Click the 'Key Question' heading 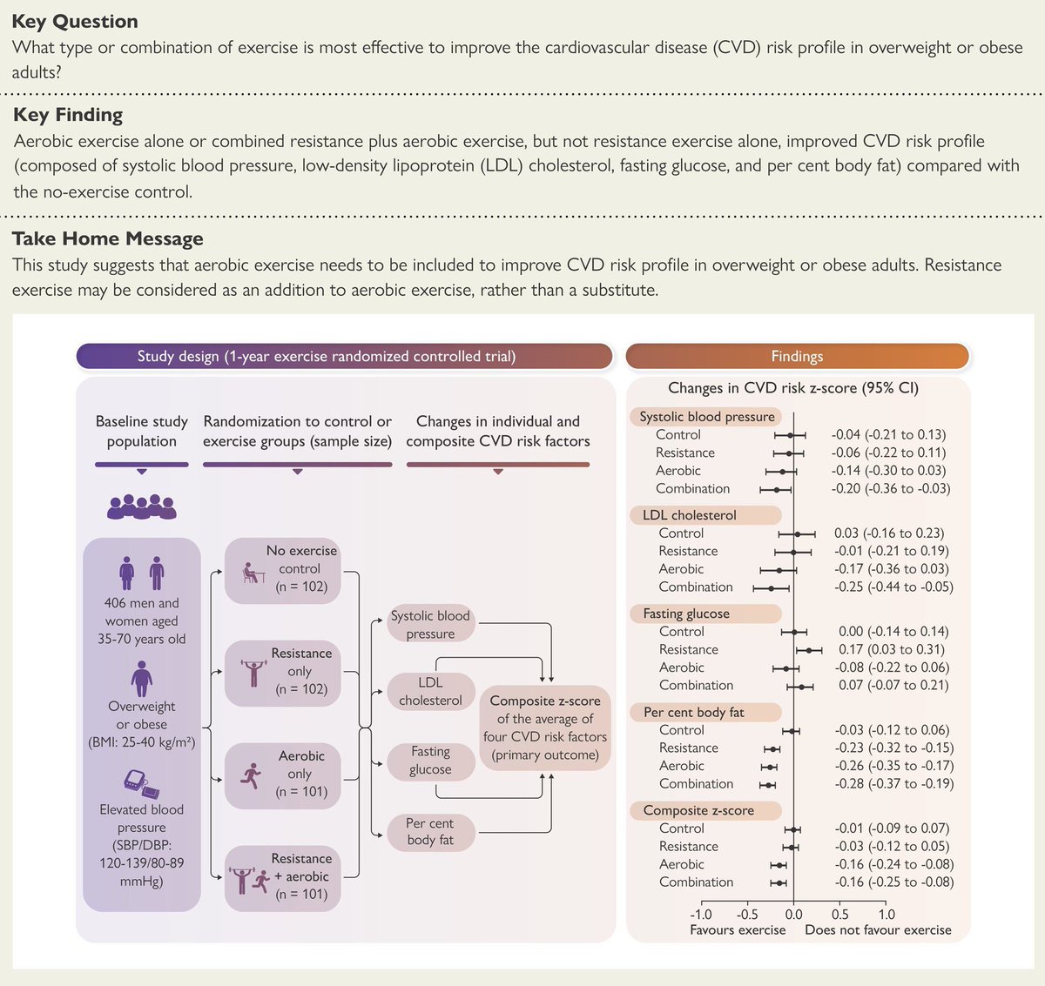pyautogui.click(x=75, y=22)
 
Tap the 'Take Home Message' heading pyautogui.click(x=108, y=238)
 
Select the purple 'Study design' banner pyautogui.click(x=344, y=356)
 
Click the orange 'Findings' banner pyautogui.click(x=797, y=356)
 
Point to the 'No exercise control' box pyautogui.click(x=282, y=570)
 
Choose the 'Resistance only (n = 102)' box pyautogui.click(x=282, y=671)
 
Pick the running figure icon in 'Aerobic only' pyautogui.click(x=252, y=775)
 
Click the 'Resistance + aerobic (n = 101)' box pyautogui.click(x=282, y=877)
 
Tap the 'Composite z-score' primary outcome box pyautogui.click(x=545, y=728)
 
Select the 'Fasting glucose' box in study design pyautogui.click(x=430, y=761)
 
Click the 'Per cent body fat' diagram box pyautogui.click(x=430, y=831)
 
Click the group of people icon pyautogui.click(x=141, y=506)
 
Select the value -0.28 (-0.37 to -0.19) pyautogui.click(x=893, y=783)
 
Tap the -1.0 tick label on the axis pyautogui.click(x=700, y=915)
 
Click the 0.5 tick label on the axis pyautogui.click(x=839, y=915)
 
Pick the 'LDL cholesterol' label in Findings pyautogui.click(x=690, y=515)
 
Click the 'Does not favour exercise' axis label pyautogui.click(x=878, y=930)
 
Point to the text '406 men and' pyautogui.click(x=141, y=603)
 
